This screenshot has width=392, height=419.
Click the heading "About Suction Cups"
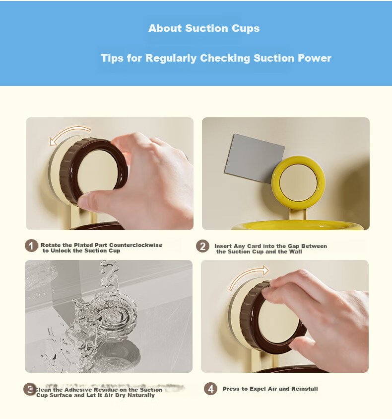204,28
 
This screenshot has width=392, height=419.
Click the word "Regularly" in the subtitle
171,58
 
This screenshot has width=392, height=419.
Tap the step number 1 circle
31,246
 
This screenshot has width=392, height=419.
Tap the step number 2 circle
202,246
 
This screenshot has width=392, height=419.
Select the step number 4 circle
210,389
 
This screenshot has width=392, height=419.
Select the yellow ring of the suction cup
298,161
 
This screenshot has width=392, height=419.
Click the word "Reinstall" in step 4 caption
305,389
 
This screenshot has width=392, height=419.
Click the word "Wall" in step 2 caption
295,251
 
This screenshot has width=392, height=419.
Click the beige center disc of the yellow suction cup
298,183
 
